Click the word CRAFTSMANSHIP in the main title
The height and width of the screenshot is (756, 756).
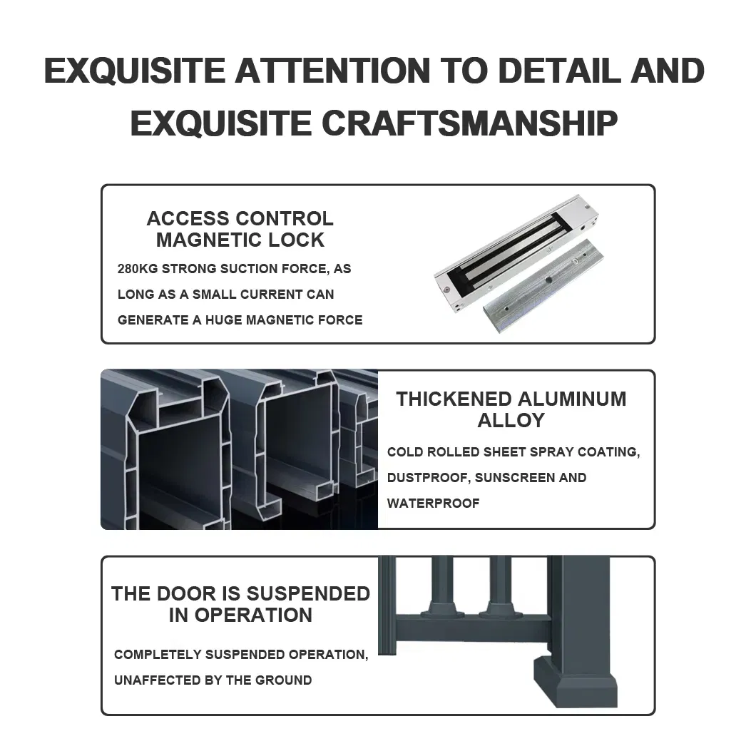(469, 123)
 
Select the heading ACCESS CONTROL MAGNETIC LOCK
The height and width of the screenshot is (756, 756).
(240, 229)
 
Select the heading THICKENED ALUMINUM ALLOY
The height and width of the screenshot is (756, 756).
(511, 409)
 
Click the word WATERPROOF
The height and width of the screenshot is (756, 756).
(433, 504)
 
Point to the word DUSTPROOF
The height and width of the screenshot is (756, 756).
(427, 478)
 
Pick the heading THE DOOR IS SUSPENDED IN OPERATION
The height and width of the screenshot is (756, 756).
(240, 604)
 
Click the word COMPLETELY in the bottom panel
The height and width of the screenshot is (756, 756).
(158, 655)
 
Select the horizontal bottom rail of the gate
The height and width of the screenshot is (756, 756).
(472, 628)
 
